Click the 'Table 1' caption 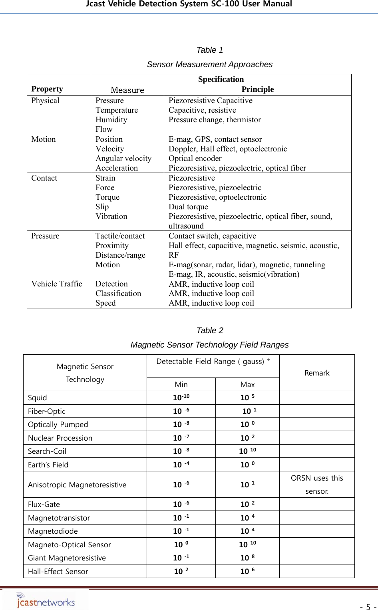click(209, 50)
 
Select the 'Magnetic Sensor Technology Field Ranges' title click(209, 345)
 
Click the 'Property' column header click(47, 89)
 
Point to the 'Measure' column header click(127, 90)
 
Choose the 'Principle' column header click(257, 89)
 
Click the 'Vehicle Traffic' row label click(57, 284)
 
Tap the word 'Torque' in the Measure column click(107, 197)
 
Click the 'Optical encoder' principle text click(195, 159)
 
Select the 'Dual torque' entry click(188, 207)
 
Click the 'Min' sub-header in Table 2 click(181, 384)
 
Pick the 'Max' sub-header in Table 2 click(247, 384)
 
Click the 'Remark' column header click(317, 373)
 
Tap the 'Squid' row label click(38, 398)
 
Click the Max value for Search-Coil click(247, 451)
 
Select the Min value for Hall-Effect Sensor click(181, 571)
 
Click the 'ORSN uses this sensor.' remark click(317, 485)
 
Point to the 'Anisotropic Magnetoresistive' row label click(77, 485)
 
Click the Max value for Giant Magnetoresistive click(247, 558)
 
